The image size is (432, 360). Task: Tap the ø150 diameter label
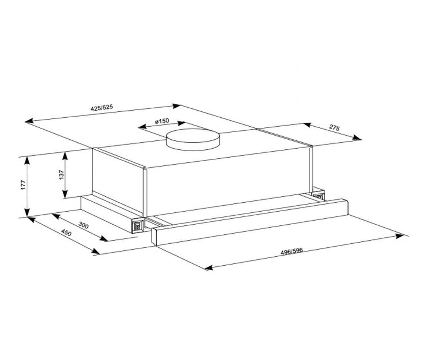pos(162,121)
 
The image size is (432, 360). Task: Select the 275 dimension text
pos(334,128)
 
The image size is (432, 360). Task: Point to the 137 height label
pos(62,175)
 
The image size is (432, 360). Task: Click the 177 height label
pos(23,185)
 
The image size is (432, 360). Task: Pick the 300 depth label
pos(84,225)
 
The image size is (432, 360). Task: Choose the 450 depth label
pos(66,233)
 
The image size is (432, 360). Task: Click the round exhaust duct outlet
pos(193,140)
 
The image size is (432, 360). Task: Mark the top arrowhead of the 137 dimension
pos(65,156)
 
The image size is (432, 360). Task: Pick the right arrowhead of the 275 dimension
pos(357,138)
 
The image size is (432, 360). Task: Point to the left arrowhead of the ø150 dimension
pos(143,127)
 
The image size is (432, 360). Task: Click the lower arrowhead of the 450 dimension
pos(95,251)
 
